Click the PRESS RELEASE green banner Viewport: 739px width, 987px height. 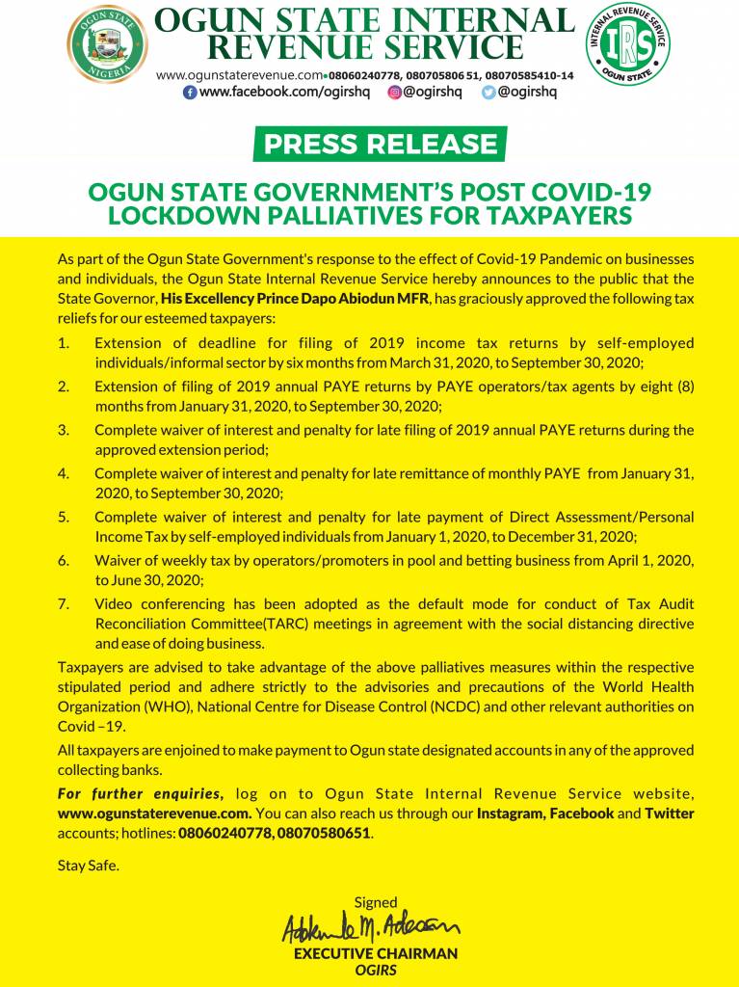tap(380, 145)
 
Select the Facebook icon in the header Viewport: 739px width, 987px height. tap(190, 93)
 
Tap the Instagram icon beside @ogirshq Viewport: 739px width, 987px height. tap(394, 93)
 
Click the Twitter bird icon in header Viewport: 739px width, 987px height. tap(488, 93)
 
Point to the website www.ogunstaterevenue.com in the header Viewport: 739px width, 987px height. tap(238, 75)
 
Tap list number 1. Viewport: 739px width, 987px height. tap(64, 343)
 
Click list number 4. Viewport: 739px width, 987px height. tap(64, 473)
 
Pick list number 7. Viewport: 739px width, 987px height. tap(64, 604)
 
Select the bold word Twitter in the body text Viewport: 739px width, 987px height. tap(670, 813)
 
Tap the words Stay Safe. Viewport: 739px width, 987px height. tap(89, 865)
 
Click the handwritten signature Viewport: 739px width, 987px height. tap(370, 928)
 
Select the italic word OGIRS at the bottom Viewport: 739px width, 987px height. tap(375, 970)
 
